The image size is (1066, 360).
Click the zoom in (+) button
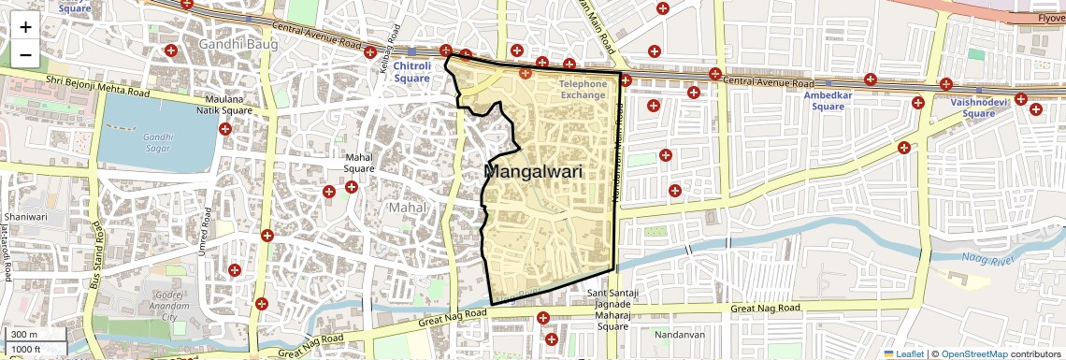point(25,27)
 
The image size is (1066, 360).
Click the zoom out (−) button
point(25,54)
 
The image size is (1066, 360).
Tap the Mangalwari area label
point(534,172)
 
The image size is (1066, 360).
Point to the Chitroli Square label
point(411,72)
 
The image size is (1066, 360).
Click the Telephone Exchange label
point(583,90)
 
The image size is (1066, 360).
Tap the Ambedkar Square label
point(828,100)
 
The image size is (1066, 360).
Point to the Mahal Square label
point(359,163)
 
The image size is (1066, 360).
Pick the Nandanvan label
point(680,334)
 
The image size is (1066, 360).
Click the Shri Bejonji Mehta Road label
point(97,87)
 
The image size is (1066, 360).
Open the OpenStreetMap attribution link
point(974,353)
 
